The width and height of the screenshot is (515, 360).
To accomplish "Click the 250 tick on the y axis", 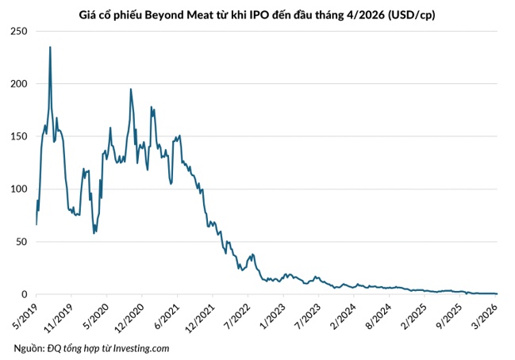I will (18, 31).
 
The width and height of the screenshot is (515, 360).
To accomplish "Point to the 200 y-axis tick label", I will (18, 84).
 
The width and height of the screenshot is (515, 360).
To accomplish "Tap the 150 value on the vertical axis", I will (18, 136).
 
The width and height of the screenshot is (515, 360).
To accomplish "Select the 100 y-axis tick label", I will (18, 190).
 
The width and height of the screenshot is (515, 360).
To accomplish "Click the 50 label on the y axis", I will (21, 242).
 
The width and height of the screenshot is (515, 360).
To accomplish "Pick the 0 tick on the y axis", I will (24, 294).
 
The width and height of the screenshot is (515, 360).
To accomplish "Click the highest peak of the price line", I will (51, 47).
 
